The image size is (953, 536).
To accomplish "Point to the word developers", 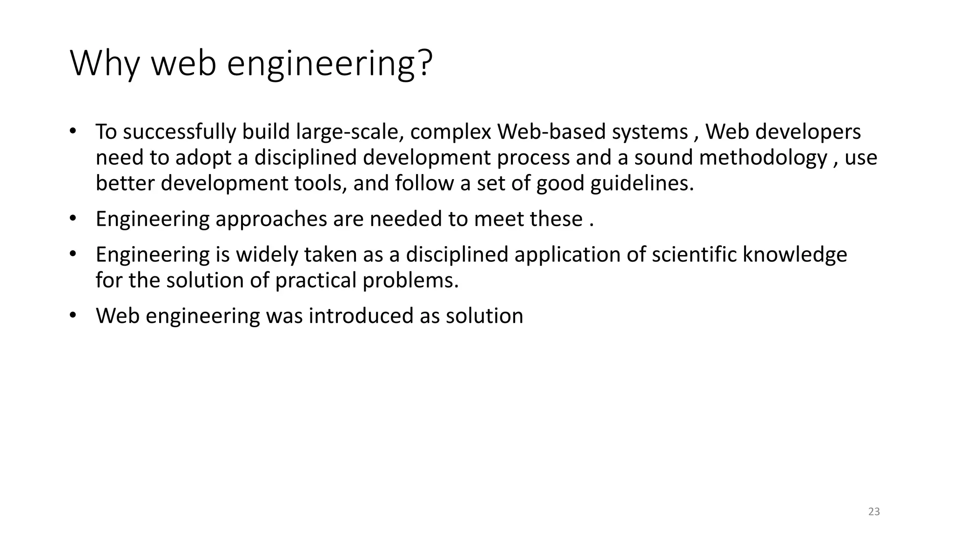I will coord(808,132).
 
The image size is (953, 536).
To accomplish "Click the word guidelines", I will coord(642,183).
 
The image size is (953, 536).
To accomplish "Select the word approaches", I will coord(271,219).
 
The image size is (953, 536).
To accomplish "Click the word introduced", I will coord(362,316).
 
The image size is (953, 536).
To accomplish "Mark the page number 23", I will coord(874,512).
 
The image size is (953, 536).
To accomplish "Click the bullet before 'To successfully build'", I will coord(72,131).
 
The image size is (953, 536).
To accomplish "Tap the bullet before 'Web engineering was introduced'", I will coord(72,315).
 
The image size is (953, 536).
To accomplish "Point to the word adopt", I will coord(203,158).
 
